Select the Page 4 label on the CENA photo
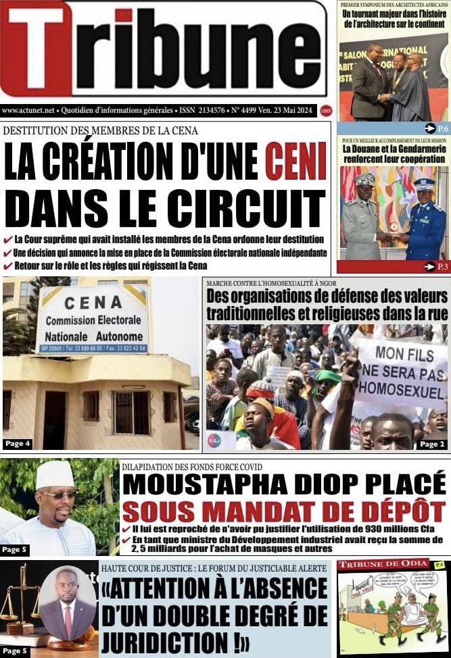pos(18,444)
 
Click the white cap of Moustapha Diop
pos(55,475)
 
